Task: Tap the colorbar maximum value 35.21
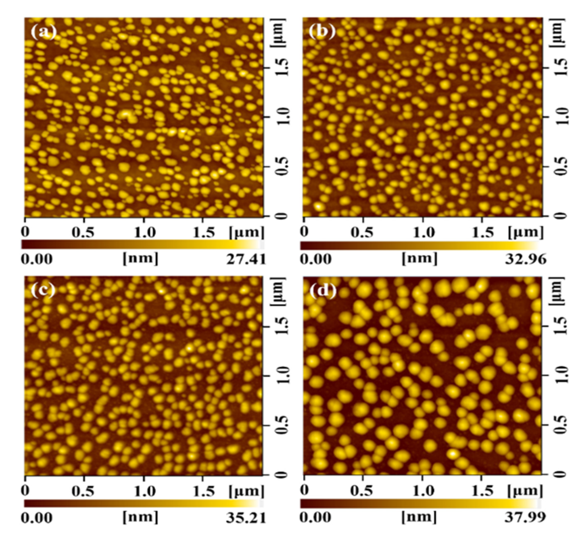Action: point(246,518)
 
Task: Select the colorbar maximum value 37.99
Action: point(525,517)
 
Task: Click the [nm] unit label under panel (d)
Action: point(419,517)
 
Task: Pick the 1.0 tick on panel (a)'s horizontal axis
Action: point(145,233)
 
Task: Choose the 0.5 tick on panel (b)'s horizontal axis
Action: point(362,233)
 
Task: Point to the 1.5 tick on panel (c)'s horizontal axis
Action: point(204,491)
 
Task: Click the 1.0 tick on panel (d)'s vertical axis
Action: point(560,375)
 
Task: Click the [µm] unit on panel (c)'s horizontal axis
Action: point(246,491)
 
